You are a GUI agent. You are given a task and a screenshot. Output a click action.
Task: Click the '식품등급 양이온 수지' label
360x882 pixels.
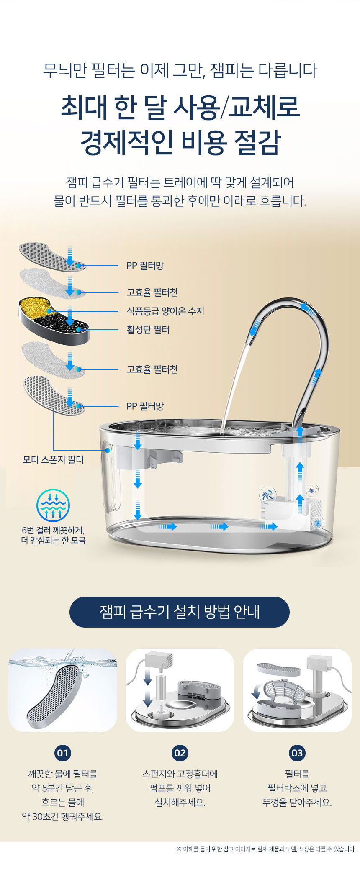(165, 311)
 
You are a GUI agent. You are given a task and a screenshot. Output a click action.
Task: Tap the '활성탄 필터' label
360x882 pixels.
(148, 330)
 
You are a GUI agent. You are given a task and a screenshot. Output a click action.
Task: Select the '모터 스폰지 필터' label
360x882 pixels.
(53, 460)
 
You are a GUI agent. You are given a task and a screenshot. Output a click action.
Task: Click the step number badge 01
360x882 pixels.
(63, 753)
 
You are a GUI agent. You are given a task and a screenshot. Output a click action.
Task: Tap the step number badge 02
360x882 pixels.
(180, 753)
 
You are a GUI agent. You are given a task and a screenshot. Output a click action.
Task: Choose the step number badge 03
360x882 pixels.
(297, 753)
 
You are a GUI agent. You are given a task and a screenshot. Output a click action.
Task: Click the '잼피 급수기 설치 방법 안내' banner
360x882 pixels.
(180, 612)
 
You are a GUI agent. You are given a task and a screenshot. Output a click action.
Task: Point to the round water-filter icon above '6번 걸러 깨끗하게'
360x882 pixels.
(53, 505)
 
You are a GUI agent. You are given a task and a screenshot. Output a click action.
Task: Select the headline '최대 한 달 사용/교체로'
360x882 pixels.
(180, 107)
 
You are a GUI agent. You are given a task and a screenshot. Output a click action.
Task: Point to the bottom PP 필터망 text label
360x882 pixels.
(145, 406)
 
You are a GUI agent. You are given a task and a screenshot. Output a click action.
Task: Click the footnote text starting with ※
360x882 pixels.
(266, 849)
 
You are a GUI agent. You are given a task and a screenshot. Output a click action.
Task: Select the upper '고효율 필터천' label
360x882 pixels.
(152, 292)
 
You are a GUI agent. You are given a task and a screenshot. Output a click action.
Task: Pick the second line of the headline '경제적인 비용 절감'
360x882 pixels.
(180, 143)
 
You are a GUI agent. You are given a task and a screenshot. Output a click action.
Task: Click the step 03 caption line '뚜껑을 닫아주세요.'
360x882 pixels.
(297, 803)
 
